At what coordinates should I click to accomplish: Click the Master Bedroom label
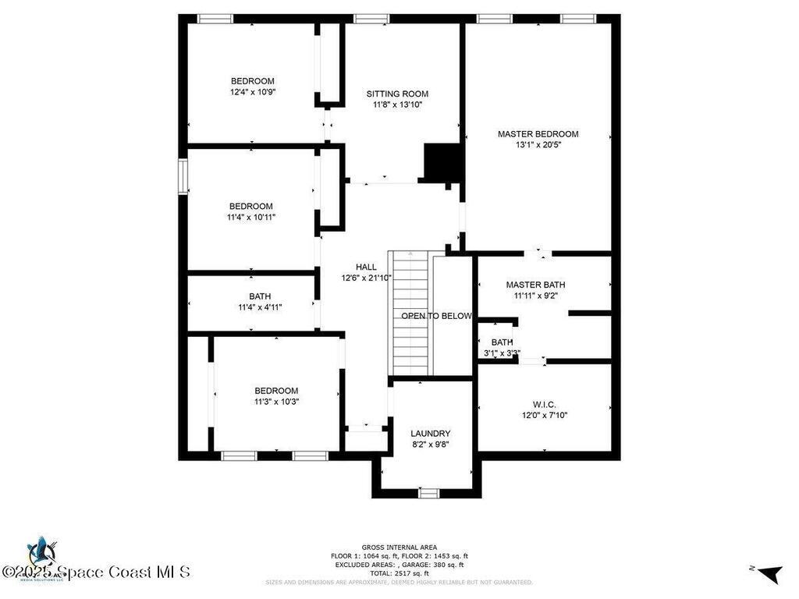pos(538,134)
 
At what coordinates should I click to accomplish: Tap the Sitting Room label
pos(397,94)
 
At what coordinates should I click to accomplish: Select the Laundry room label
pos(430,434)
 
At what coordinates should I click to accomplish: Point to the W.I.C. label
pos(544,404)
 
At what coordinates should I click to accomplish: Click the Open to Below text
pos(436,316)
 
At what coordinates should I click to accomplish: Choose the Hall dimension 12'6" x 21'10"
pos(366,278)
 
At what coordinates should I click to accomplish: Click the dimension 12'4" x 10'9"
pos(252,92)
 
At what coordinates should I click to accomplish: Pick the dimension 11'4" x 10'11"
pos(250,217)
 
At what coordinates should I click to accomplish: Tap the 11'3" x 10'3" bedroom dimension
pos(276,402)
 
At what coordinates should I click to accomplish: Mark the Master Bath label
pos(535,285)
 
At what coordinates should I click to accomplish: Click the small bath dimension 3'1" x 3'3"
pos(502,353)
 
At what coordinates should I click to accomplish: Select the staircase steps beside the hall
pos(410,313)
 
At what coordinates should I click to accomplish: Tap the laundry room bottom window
pos(429,492)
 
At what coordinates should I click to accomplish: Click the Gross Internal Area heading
pos(399,547)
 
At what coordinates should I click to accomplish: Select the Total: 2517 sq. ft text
pos(399,573)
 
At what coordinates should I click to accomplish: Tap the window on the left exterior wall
pos(183,176)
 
